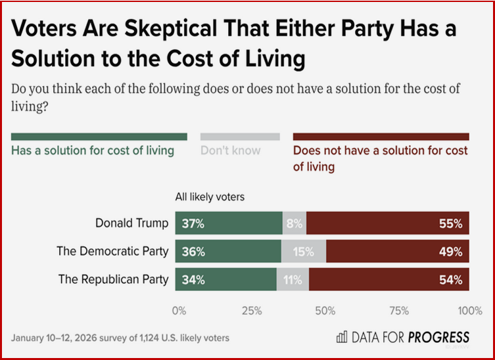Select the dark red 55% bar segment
pos(388,223)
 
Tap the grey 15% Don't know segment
pos(304,251)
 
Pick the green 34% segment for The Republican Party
pos(225,279)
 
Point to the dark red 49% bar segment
pos(398,251)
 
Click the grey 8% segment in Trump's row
pos(294,223)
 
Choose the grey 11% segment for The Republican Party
pos(293,279)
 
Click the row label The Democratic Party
pos(113,251)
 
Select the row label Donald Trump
pos(131,223)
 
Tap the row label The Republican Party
pos(113,279)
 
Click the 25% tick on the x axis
pos(252,310)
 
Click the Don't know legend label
pos(230,150)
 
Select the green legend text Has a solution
pos(93,150)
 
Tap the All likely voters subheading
pos(209,196)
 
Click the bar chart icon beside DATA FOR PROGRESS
pos(342,338)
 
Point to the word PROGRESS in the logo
pos(439,338)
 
